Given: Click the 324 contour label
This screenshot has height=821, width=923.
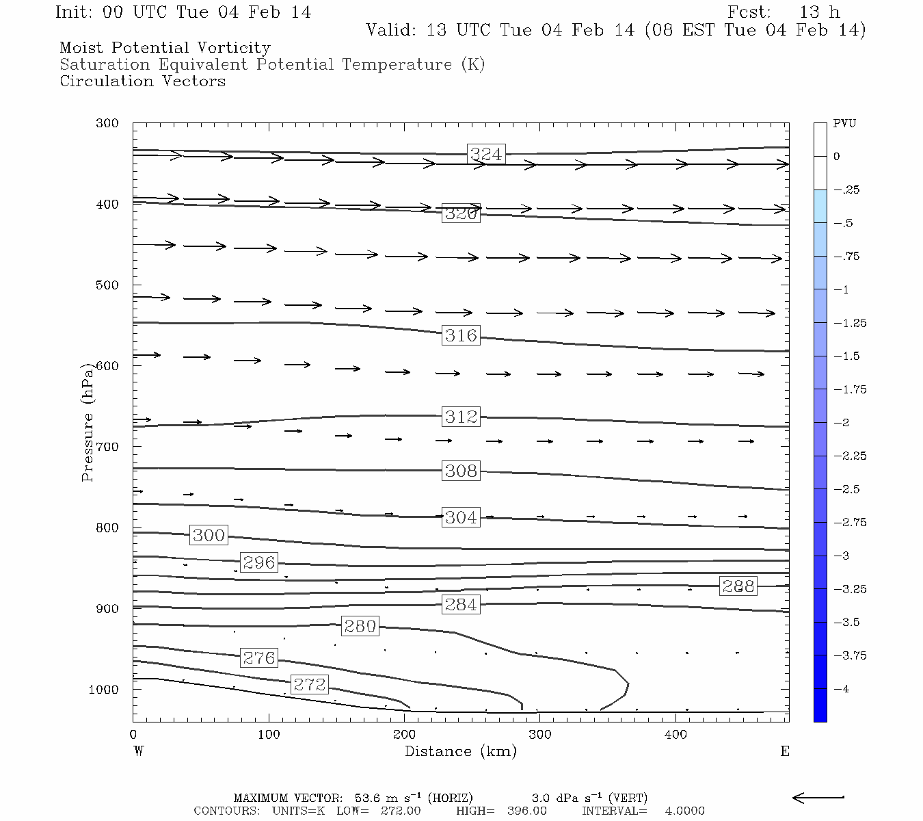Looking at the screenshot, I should tap(486, 154).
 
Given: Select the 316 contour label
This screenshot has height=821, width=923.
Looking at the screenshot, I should tap(461, 335).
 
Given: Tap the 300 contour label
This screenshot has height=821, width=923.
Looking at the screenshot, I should tap(209, 535).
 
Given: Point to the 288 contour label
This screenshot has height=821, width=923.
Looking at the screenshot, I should tap(738, 586).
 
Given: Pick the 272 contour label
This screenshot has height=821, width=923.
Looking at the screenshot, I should tap(310, 684).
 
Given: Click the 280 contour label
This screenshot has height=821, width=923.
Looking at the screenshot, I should tap(360, 626).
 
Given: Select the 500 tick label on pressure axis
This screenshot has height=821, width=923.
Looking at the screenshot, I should tap(107, 285).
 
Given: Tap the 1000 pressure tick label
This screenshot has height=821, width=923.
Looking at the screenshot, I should tap(104, 690).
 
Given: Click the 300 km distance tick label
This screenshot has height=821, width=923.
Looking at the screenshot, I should tap(540, 735).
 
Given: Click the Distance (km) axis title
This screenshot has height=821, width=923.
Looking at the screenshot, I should tap(460, 751).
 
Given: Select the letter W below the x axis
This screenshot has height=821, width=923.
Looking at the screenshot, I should tap(139, 751).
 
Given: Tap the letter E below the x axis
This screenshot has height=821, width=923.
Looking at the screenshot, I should tap(785, 751).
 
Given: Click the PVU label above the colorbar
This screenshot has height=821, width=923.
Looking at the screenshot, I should tap(844, 123).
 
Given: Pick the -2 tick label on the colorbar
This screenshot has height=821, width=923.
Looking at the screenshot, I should tap(842, 423).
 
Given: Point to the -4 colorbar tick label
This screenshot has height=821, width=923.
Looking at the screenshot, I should tap(842, 689).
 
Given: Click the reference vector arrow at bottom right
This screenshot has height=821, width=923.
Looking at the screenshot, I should tap(818, 797).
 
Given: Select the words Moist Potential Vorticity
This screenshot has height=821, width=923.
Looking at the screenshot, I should tap(165, 48).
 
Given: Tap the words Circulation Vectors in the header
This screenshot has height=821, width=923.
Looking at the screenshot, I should tap(142, 81).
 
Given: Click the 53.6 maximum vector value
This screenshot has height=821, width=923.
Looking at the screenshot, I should tap(366, 798).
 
